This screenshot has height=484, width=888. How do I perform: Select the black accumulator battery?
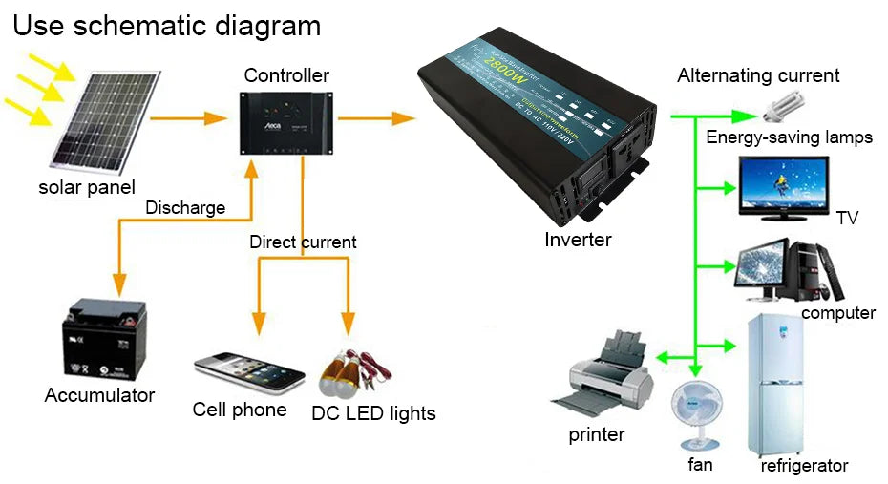click(103, 341)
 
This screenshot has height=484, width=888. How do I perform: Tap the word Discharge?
click(185, 207)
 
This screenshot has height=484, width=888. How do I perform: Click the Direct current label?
click(303, 242)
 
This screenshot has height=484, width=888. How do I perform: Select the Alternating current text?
click(758, 75)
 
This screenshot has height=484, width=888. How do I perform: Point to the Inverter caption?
click(578, 240)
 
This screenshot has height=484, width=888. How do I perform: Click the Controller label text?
click(286, 75)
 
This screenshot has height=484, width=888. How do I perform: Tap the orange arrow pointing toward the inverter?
click(376, 118)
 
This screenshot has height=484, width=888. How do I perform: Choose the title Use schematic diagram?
click(166, 26)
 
